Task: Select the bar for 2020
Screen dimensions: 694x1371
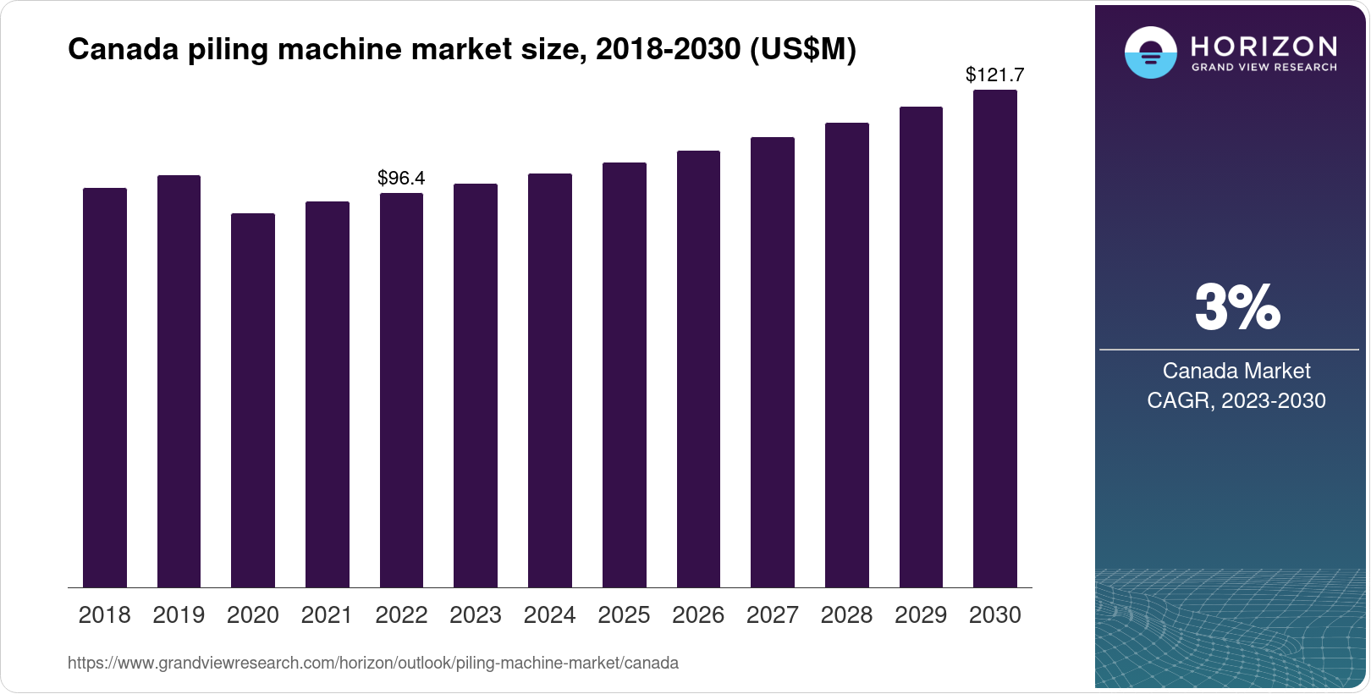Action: point(253,400)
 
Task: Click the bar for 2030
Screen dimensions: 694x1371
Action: point(995,339)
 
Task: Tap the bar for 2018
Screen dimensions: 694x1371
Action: point(105,388)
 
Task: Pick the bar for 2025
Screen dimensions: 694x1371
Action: point(625,375)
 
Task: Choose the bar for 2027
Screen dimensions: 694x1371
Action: point(773,362)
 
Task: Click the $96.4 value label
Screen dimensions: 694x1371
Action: point(401,178)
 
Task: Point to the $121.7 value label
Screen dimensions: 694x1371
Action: point(995,74)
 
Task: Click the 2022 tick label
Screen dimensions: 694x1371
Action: point(401,615)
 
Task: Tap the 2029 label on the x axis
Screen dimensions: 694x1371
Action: point(921,615)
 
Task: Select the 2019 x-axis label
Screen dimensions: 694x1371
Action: point(179,615)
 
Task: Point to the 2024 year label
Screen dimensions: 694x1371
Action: point(549,615)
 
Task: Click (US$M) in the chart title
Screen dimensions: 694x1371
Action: point(803,49)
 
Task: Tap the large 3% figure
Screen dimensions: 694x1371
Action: point(1237,307)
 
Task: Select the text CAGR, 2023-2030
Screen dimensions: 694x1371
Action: point(1236,400)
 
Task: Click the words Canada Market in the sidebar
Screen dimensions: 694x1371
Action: point(1236,371)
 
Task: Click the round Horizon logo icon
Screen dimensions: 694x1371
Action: point(1150,52)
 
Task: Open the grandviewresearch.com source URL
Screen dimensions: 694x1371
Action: point(373,663)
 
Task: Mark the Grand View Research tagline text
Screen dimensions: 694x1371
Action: point(1264,68)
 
